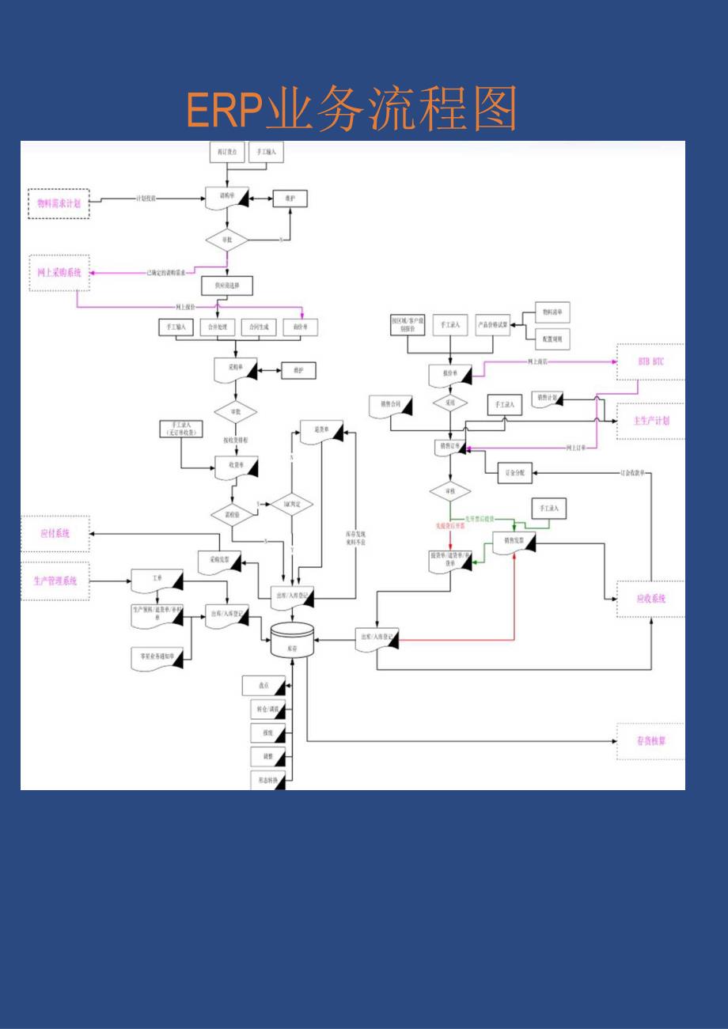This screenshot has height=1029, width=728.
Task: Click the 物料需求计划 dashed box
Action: coord(59,203)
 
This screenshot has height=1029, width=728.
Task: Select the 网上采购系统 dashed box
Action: coord(59,272)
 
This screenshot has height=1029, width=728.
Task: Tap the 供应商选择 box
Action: coord(227,285)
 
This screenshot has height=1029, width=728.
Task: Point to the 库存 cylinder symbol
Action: coord(293,641)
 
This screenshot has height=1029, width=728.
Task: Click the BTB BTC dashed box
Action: coord(650,361)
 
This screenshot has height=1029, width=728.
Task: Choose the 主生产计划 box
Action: coord(650,421)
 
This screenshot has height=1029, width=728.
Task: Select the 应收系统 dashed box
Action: coord(650,599)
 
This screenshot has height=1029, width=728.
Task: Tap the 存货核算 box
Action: coord(650,741)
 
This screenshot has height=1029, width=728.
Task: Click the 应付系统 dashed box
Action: coord(55,534)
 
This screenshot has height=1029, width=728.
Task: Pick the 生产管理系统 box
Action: coord(55,581)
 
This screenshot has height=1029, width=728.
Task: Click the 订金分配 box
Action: coord(515,473)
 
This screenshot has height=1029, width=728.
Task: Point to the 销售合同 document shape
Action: coord(391,406)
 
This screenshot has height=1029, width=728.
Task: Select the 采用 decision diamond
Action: coord(449,403)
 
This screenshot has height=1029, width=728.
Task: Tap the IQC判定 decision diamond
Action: coord(293,504)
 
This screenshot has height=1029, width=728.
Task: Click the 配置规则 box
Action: coord(553,338)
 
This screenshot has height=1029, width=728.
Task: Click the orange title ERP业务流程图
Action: coord(351,110)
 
